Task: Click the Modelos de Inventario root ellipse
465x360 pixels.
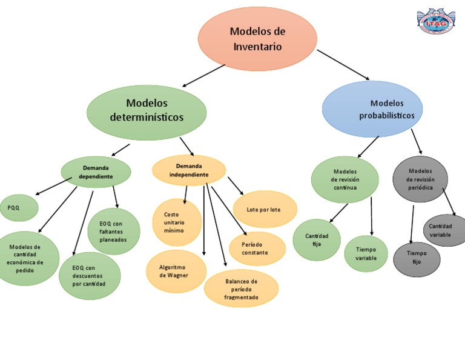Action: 257,39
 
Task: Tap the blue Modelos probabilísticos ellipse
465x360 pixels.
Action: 372,110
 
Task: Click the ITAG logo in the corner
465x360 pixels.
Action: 436,22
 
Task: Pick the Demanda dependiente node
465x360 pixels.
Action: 96,172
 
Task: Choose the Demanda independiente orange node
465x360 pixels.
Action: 188,170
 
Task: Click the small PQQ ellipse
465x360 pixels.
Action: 18,208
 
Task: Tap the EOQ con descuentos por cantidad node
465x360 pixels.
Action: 89,276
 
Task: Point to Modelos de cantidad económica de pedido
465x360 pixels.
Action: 26,258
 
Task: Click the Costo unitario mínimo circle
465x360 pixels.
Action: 177,222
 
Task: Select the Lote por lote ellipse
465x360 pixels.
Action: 264,210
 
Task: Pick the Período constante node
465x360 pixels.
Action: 257,248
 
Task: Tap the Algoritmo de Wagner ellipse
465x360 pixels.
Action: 176,271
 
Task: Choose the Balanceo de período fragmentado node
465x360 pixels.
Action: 241,289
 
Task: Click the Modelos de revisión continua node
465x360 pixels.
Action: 345,179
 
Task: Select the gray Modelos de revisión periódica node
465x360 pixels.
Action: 420,179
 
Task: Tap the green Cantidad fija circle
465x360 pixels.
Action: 317,239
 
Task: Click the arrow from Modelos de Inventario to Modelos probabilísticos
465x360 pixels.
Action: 343,64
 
